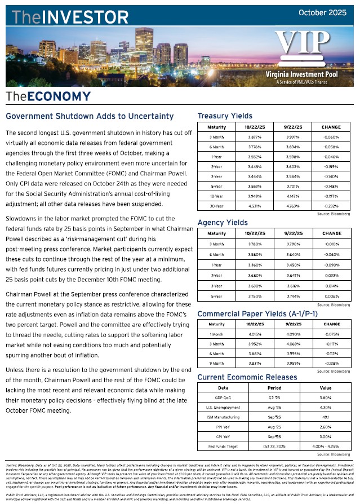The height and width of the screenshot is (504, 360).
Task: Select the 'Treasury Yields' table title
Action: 224,116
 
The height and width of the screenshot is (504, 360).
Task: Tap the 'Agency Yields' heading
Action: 223,223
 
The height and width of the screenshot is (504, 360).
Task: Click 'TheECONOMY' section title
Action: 48,96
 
